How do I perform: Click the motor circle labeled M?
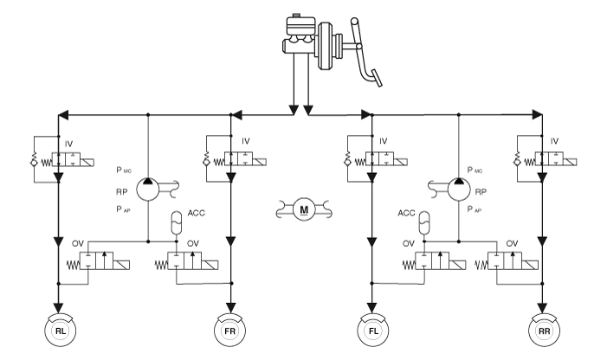303,209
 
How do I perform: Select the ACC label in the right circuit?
406,212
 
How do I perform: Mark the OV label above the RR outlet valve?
512,244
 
